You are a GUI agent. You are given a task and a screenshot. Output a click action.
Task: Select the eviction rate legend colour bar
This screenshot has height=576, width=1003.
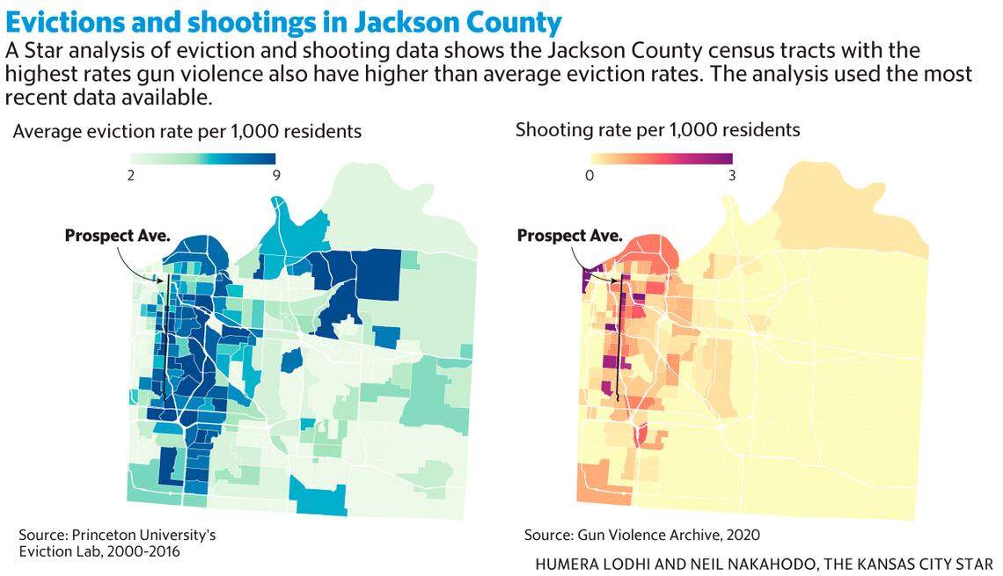click(x=202, y=158)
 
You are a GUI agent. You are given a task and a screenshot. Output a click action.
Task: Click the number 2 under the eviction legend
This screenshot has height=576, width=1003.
click(x=130, y=175)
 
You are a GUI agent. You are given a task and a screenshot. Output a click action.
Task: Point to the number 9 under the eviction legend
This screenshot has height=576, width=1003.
click(x=275, y=175)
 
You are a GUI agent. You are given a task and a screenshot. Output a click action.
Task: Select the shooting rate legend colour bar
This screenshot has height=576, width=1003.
click(x=661, y=158)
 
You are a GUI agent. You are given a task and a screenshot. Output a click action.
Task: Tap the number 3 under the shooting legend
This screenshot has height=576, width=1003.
click(x=732, y=175)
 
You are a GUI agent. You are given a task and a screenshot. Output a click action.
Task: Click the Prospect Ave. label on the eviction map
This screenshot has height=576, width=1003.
click(x=117, y=235)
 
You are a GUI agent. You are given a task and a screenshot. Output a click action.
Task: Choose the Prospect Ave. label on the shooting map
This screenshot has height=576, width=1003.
click(x=569, y=235)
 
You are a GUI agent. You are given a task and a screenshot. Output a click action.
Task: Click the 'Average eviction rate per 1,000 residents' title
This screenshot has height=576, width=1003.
click(x=187, y=132)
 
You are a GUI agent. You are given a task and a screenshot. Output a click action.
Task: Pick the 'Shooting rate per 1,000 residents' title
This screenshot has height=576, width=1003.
click(x=657, y=130)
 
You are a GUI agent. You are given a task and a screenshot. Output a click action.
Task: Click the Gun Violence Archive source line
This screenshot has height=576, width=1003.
click(x=641, y=535)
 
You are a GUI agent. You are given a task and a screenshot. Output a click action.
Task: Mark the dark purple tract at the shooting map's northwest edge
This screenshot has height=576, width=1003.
click(x=585, y=279)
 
